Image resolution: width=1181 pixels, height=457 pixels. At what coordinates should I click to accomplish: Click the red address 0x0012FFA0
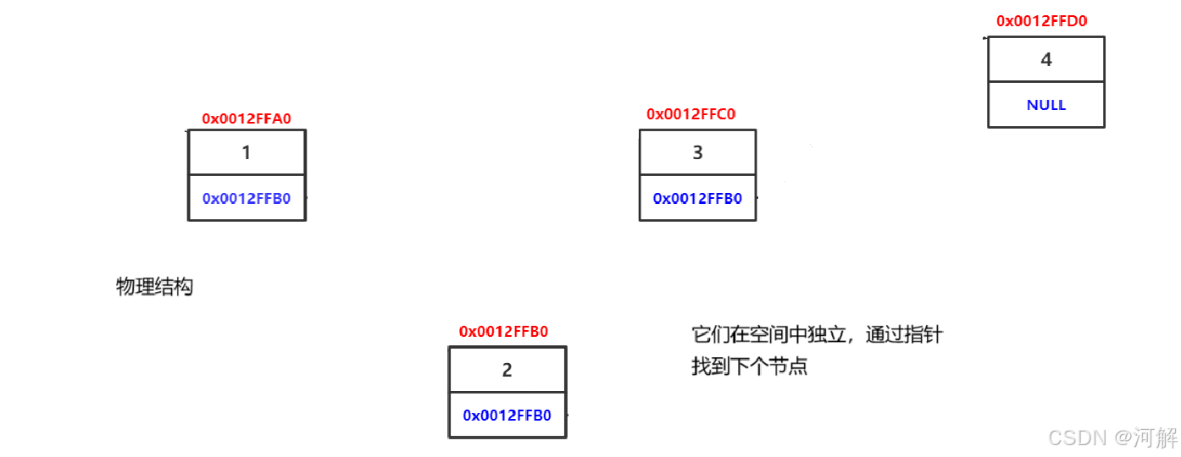(247, 119)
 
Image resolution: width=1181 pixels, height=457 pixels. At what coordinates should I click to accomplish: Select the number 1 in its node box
(247, 153)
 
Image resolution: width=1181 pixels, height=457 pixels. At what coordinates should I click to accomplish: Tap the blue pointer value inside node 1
(247, 199)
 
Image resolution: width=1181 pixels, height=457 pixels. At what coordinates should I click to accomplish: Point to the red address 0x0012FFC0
(691, 114)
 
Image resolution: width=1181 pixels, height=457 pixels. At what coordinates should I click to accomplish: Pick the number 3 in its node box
(697, 153)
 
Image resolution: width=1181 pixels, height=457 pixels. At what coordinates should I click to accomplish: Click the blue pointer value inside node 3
(697, 199)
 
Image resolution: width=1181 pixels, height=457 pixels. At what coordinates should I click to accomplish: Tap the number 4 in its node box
(1046, 60)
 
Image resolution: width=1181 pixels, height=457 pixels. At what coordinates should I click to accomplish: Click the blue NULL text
(1046, 106)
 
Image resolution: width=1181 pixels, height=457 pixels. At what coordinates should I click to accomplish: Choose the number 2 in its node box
(507, 371)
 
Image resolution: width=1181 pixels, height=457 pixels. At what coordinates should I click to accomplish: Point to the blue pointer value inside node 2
(507, 416)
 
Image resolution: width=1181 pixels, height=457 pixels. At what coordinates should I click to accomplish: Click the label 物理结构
(154, 287)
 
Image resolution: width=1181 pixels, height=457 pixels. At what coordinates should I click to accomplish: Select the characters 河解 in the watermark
(1156, 438)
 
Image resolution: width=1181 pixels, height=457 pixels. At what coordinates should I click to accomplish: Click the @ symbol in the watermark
(1123, 438)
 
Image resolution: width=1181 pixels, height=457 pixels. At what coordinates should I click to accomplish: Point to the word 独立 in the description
(827, 335)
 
